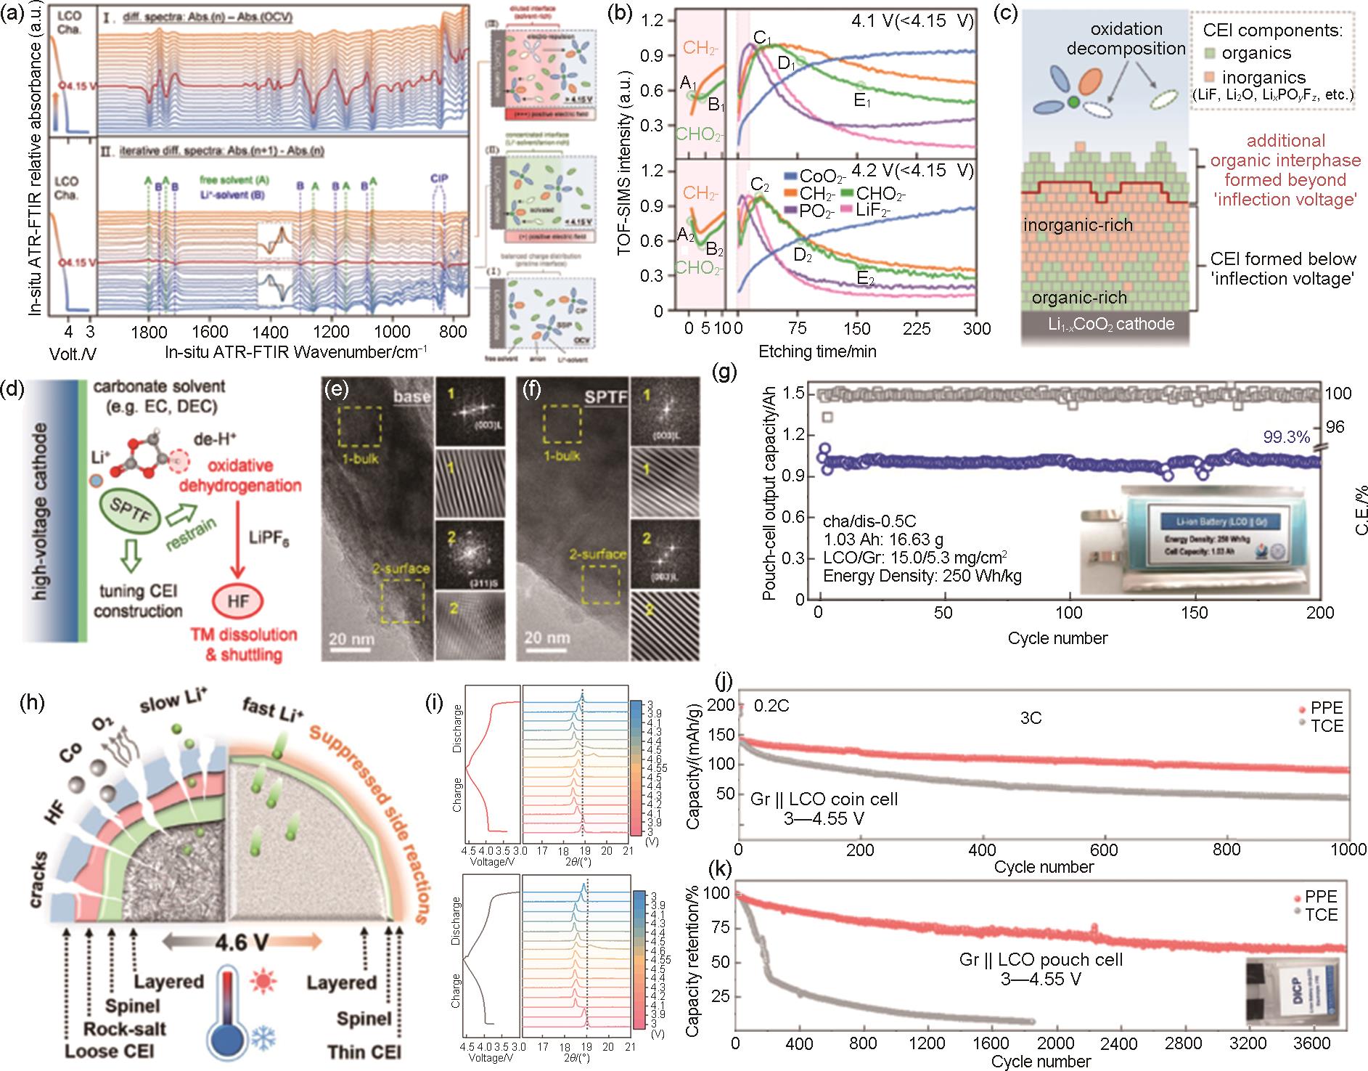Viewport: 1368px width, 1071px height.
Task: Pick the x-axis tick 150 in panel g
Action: click(1195, 613)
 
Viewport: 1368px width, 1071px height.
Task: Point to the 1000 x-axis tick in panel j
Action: click(1348, 850)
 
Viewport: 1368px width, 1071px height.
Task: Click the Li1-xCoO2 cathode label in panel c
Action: click(1105, 324)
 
